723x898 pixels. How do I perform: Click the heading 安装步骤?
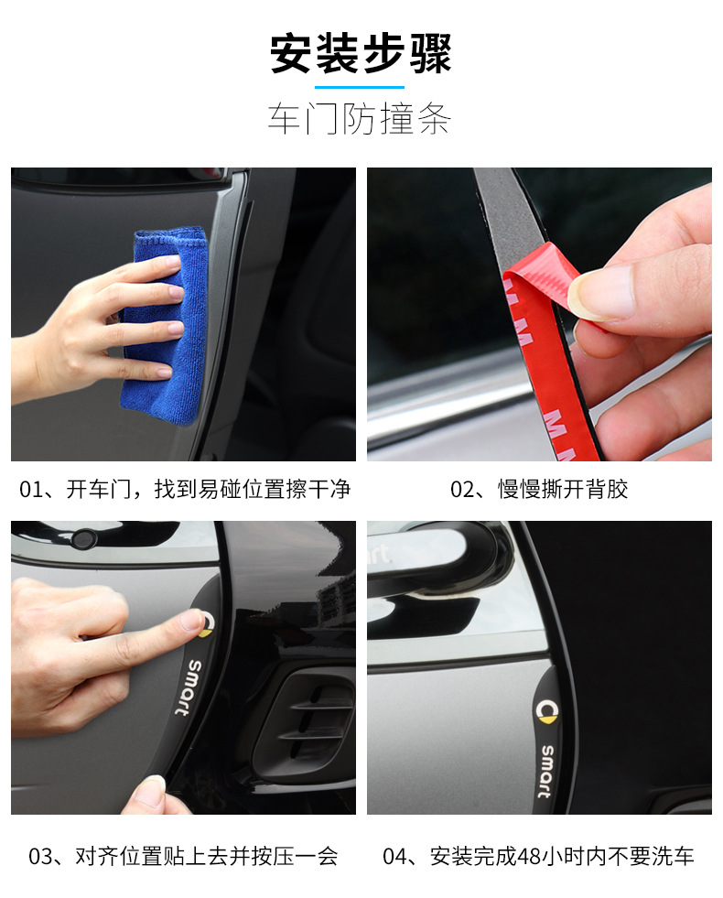point(361,54)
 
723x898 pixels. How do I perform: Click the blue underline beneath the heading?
point(360,86)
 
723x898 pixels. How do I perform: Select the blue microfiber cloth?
point(166,320)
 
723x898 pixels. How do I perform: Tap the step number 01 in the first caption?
point(31,489)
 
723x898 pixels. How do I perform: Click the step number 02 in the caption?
point(462,489)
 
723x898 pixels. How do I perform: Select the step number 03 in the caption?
point(41,857)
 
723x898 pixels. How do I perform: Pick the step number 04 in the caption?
point(394,857)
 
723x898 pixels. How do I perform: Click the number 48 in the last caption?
point(528,857)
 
